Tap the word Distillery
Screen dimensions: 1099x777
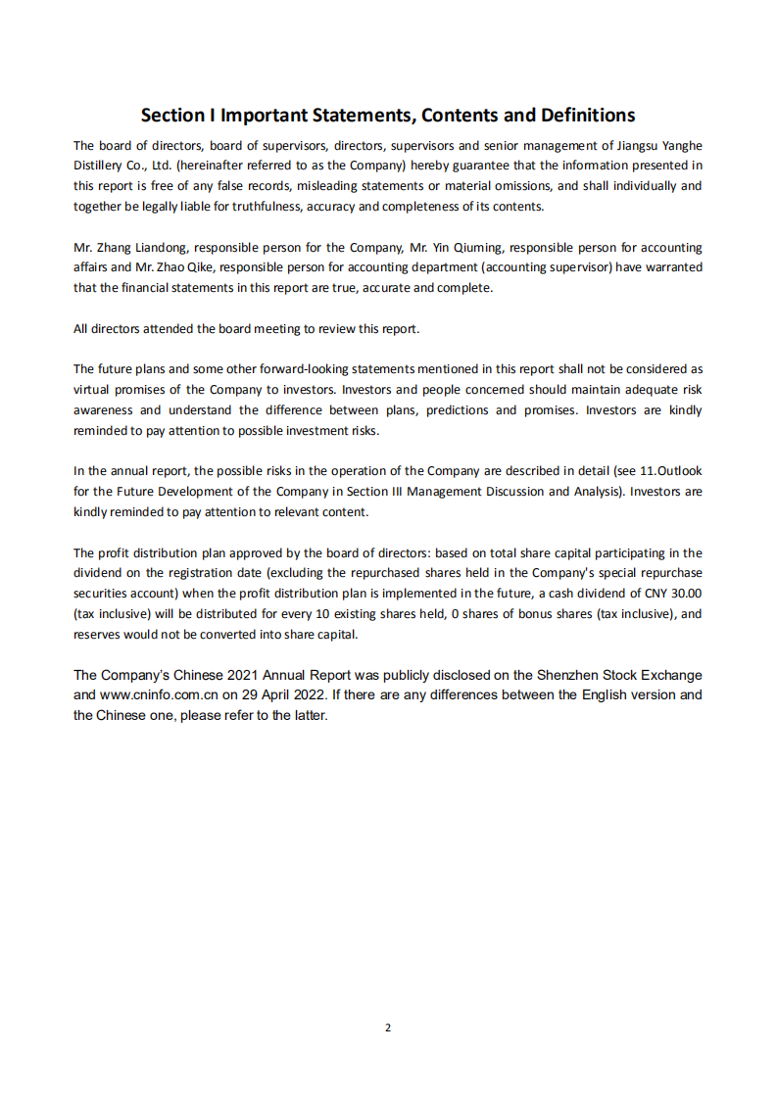coord(99,166)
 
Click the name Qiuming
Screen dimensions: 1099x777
coord(477,248)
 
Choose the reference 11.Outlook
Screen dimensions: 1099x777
coord(671,471)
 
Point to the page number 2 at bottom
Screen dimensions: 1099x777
coord(388,1027)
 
